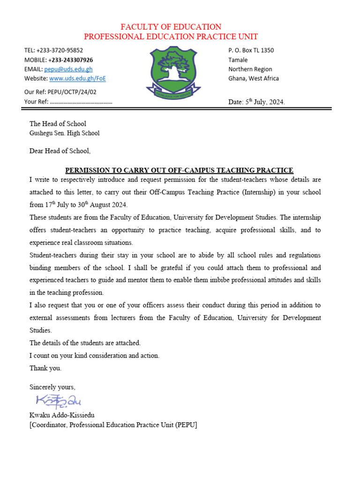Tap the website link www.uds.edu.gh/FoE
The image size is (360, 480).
tap(77, 79)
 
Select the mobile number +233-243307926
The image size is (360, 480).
tap(70, 60)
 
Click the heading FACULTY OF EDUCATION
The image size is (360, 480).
tap(171, 27)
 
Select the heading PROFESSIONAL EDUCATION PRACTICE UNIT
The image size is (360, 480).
tap(171, 37)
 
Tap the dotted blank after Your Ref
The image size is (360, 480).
tap(81, 102)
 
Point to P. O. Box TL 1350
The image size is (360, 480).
tap(251, 50)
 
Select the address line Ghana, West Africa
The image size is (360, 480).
tap(253, 79)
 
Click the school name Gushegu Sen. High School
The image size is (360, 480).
tap(64, 133)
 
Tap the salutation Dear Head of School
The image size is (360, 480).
tap(60, 151)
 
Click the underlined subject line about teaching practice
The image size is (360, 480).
tap(179, 170)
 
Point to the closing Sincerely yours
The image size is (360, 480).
tap(52, 387)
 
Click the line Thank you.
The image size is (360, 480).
tap(45, 368)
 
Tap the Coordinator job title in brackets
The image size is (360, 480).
tap(113, 425)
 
